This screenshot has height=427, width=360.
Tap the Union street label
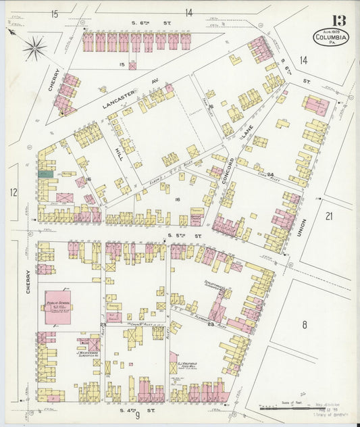pyautogui.click(x=302, y=232)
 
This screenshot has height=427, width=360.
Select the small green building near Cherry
pyautogui.click(x=45, y=174)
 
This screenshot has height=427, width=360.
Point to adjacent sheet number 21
pyautogui.click(x=329, y=216)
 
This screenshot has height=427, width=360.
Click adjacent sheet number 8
pyautogui.click(x=304, y=325)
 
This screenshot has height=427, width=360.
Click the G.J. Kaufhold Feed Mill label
pyautogui.click(x=186, y=366)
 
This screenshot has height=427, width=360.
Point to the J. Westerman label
pyautogui.click(x=88, y=353)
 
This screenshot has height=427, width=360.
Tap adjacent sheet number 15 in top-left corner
pyautogui.click(x=54, y=13)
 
